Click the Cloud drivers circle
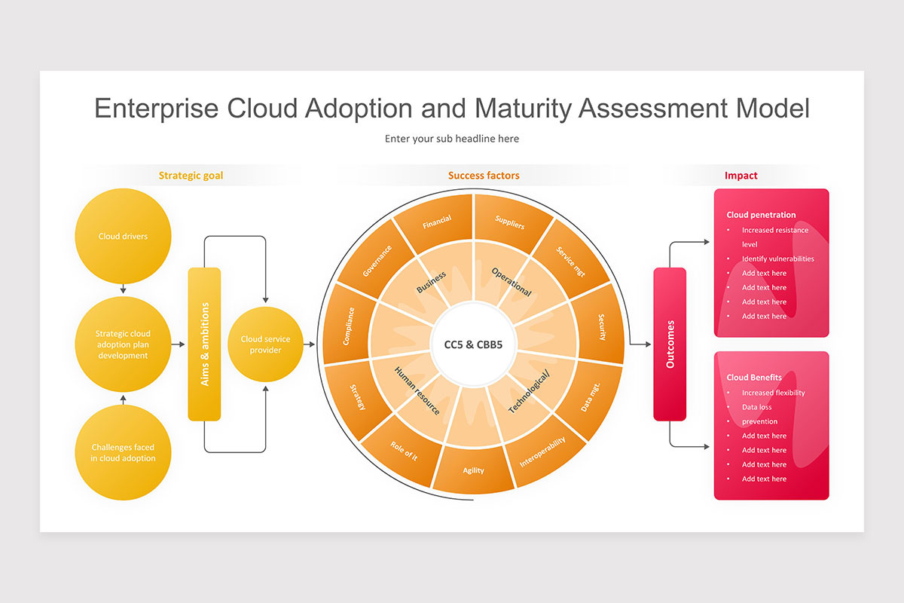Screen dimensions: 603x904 123,236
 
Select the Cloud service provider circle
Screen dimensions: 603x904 265,344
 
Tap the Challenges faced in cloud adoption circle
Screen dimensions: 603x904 123,452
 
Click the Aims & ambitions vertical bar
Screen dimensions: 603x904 204,344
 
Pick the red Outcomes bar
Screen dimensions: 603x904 670,344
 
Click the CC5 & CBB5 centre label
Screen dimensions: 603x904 473,344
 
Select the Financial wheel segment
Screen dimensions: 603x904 437,222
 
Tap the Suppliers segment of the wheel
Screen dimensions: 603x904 510,222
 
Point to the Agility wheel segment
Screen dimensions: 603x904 473,470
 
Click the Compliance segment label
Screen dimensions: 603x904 348,326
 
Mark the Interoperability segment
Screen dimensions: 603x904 542,451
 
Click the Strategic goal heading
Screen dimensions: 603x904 191,176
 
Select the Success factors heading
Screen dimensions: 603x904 484,176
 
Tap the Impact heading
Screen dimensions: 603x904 741,176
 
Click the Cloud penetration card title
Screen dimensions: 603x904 761,215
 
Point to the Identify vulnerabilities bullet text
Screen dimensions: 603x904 777,259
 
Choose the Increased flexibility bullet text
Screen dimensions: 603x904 773,393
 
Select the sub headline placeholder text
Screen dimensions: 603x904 452,139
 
